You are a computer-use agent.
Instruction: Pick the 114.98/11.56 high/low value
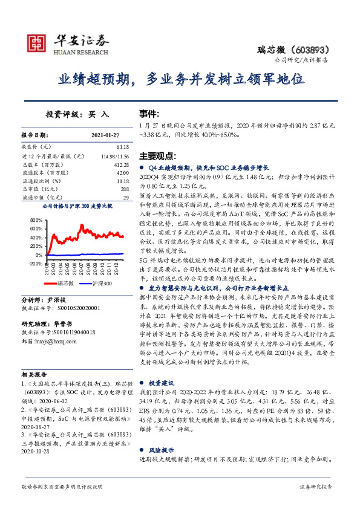[113, 155]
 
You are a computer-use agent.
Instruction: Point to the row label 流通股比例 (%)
[42, 180]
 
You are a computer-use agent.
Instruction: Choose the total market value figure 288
[124, 189]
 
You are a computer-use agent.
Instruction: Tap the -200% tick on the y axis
[34, 264]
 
